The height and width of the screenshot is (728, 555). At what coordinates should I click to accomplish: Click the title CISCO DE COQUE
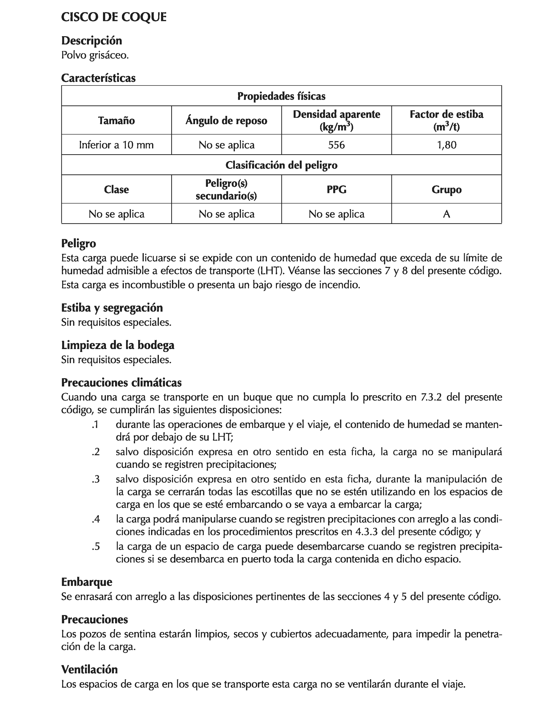[x=114, y=17]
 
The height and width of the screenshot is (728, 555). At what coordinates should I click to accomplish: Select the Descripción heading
[x=91, y=41]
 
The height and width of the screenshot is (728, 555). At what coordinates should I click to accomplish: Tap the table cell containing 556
[x=336, y=145]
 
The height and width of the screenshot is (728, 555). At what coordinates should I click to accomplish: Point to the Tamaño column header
[x=116, y=121]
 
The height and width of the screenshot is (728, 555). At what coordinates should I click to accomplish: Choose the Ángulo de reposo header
[x=226, y=121]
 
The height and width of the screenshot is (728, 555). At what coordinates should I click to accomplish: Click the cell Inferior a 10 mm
[x=116, y=145]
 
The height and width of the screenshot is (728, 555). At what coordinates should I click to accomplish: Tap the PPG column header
[x=336, y=189]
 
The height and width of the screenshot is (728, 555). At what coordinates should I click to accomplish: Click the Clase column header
[x=116, y=189]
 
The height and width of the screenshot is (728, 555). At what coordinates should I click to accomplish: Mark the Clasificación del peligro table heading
[x=282, y=165]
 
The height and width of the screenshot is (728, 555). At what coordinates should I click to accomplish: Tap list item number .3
[x=95, y=479]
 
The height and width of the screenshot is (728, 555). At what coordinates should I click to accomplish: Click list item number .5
[x=95, y=547]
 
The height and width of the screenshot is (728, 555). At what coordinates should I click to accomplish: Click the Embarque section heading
[x=87, y=582]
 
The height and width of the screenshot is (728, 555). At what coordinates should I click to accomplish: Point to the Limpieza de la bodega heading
[x=118, y=345]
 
